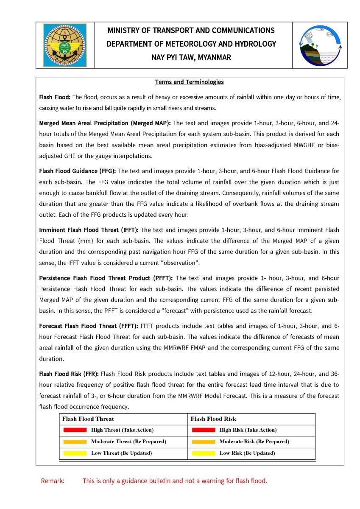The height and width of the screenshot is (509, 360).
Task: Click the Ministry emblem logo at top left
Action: pos(65,45)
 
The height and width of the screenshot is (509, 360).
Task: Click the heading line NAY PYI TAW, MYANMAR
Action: pos(191,58)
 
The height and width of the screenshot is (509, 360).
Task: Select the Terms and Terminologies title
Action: pos(190,82)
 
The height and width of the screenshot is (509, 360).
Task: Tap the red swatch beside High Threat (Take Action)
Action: pos(75,430)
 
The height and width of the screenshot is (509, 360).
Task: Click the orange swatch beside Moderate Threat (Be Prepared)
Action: pos(75,442)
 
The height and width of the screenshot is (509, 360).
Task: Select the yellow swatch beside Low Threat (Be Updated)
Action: pos(75,453)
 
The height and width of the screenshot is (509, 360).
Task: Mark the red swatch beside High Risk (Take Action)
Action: pos(204,430)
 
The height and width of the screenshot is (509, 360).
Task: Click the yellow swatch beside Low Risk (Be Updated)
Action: pos(204,453)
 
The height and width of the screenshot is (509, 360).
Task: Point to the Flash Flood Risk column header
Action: pos(213,419)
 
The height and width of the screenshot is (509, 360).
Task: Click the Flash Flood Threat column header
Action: pos(88,419)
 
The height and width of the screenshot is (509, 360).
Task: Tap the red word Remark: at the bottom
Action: pos(53,481)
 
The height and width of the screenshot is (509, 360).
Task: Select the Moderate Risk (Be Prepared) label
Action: pos(254,442)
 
